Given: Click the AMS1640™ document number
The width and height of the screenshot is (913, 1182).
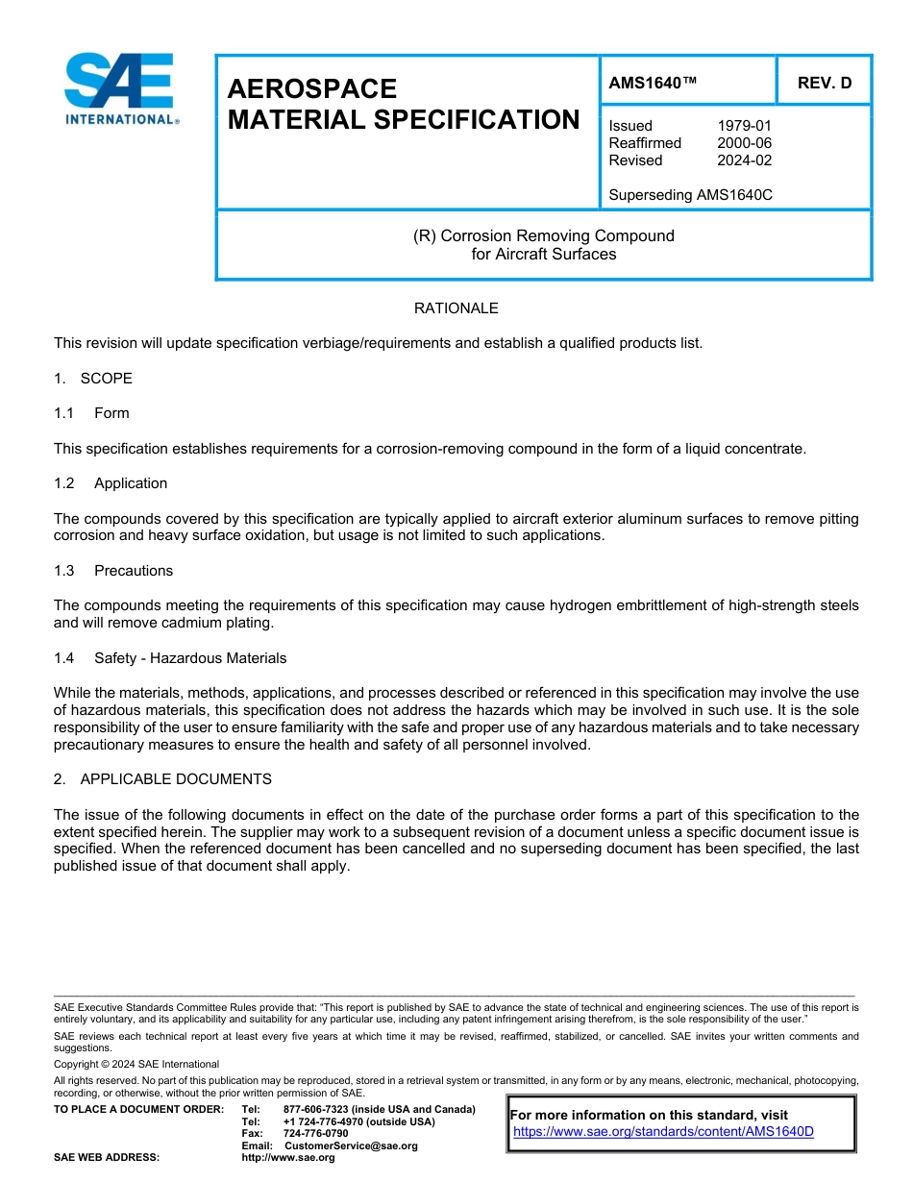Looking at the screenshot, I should tap(653, 83).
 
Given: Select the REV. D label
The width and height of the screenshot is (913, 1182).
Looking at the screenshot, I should tap(824, 83).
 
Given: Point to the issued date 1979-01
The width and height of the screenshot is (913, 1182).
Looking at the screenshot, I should tap(744, 126).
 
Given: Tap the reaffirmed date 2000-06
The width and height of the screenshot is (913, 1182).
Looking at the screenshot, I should tap(744, 143).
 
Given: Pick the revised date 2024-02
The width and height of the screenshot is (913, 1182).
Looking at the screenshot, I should tap(744, 160).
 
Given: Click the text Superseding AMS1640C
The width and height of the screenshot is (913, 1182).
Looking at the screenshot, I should tap(690, 195).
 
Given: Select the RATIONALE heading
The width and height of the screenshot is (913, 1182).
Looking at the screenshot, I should tap(456, 308).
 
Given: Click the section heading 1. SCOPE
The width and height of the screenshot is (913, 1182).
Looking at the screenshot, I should tap(93, 379).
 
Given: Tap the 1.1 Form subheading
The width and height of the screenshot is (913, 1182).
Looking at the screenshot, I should tap(91, 413).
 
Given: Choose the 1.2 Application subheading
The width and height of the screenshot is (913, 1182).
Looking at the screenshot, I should tap(111, 483).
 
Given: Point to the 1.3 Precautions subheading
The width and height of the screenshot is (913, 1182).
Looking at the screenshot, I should tap(113, 571).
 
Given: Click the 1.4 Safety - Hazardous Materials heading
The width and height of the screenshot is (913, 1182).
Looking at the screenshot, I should tap(170, 658).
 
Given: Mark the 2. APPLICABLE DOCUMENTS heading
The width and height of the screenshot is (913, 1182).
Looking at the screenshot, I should tap(162, 779).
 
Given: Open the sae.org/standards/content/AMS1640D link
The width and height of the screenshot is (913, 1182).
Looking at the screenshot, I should tap(663, 1131).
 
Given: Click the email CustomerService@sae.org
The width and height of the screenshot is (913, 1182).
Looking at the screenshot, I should tap(351, 1145).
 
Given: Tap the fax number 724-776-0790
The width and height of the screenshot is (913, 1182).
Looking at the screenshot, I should tap(315, 1134).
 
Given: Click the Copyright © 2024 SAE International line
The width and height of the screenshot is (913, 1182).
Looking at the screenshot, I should tap(136, 1065).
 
